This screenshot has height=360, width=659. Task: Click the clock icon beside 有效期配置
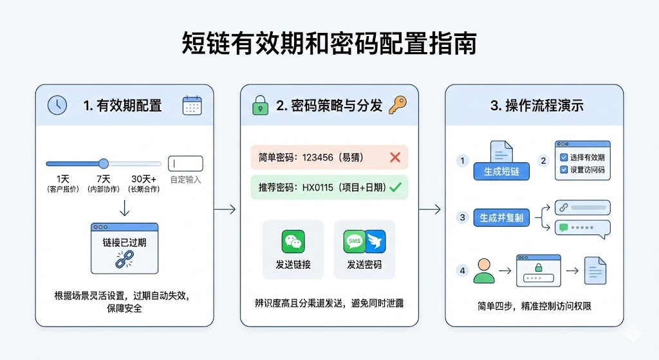(57, 105)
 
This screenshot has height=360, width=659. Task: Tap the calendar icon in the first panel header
(192, 105)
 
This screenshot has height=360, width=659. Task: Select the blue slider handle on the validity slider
(104, 164)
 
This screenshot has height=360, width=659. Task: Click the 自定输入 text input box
(185, 164)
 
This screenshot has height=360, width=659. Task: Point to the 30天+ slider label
(143, 178)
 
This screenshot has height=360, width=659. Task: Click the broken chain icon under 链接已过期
(124, 259)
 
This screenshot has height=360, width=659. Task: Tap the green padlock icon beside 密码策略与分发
(260, 105)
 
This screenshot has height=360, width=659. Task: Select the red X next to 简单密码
(395, 157)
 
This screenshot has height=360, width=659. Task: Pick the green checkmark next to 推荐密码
(395, 187)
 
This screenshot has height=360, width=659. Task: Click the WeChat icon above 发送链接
(293, 242)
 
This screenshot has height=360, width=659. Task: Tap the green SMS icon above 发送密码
(354, 242)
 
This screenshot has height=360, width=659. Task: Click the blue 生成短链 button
(501, 172)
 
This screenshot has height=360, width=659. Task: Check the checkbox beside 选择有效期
(564, 158)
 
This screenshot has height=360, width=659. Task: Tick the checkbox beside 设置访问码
(564, 170)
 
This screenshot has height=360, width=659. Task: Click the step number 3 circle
(462, 218)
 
